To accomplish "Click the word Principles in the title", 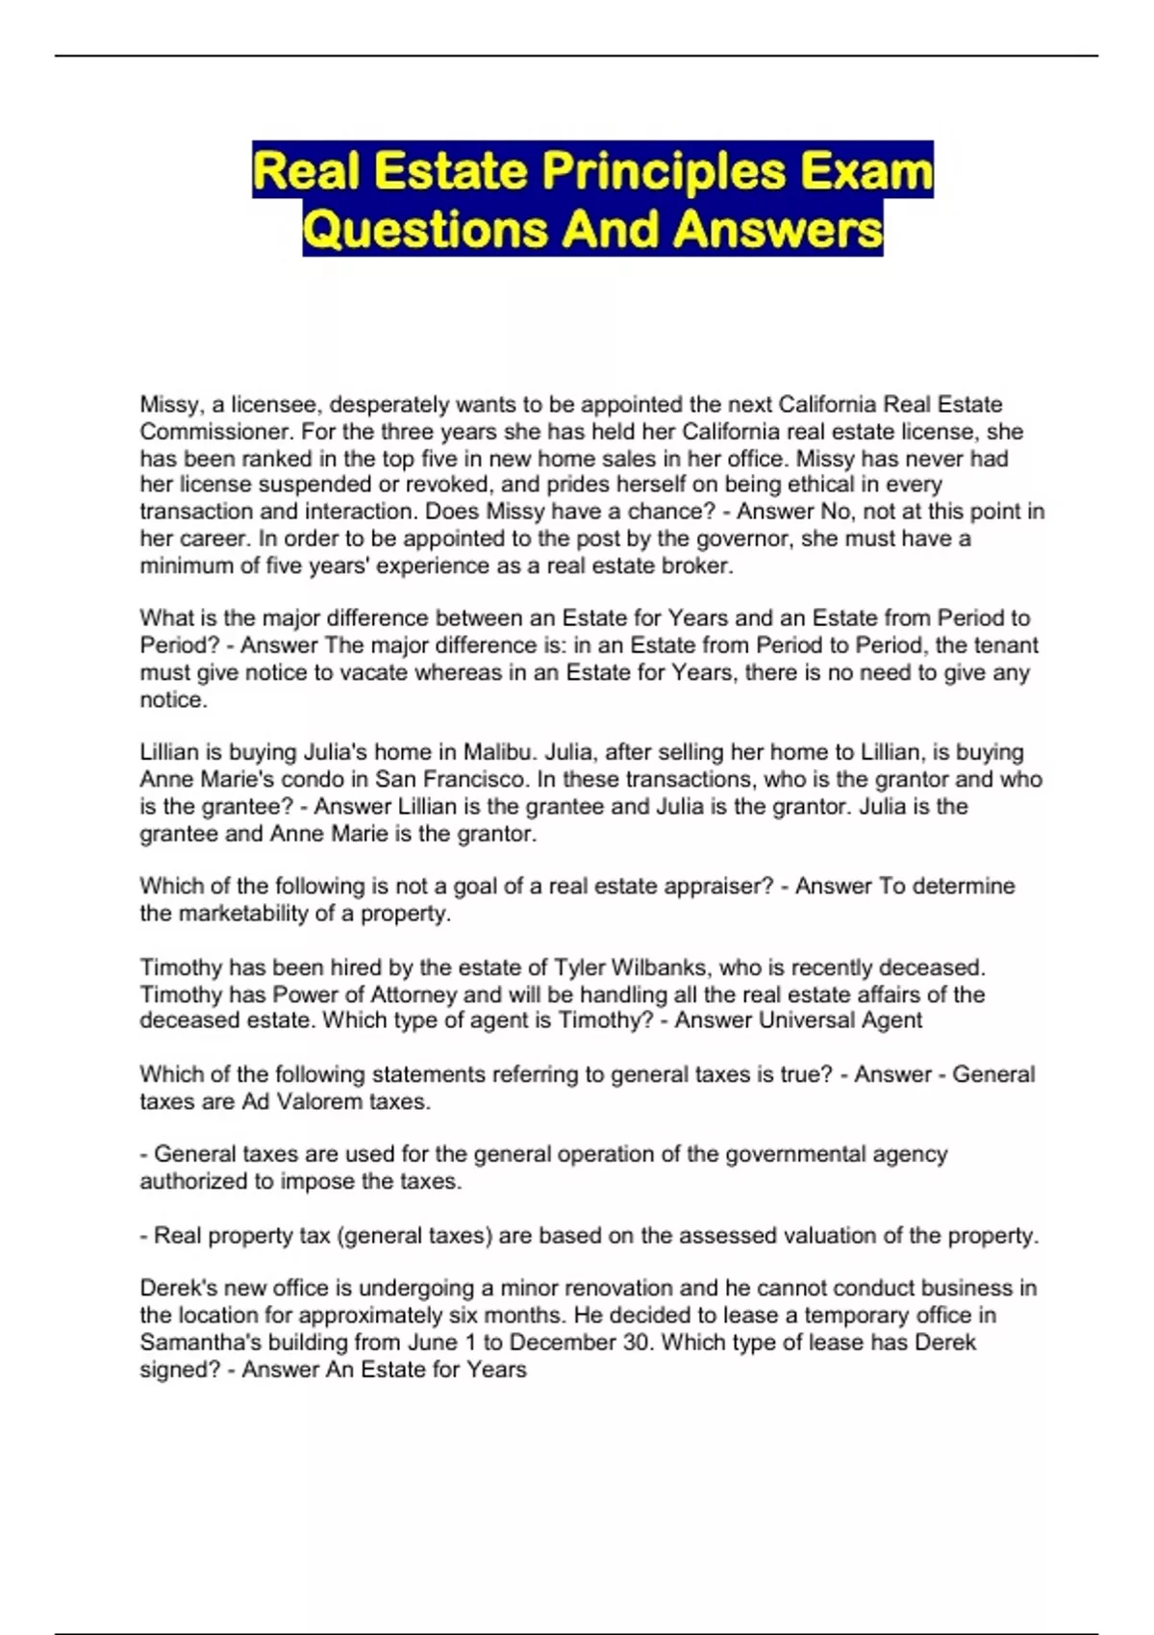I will [x=664, y=171].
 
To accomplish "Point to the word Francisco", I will [x=472, y=779].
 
